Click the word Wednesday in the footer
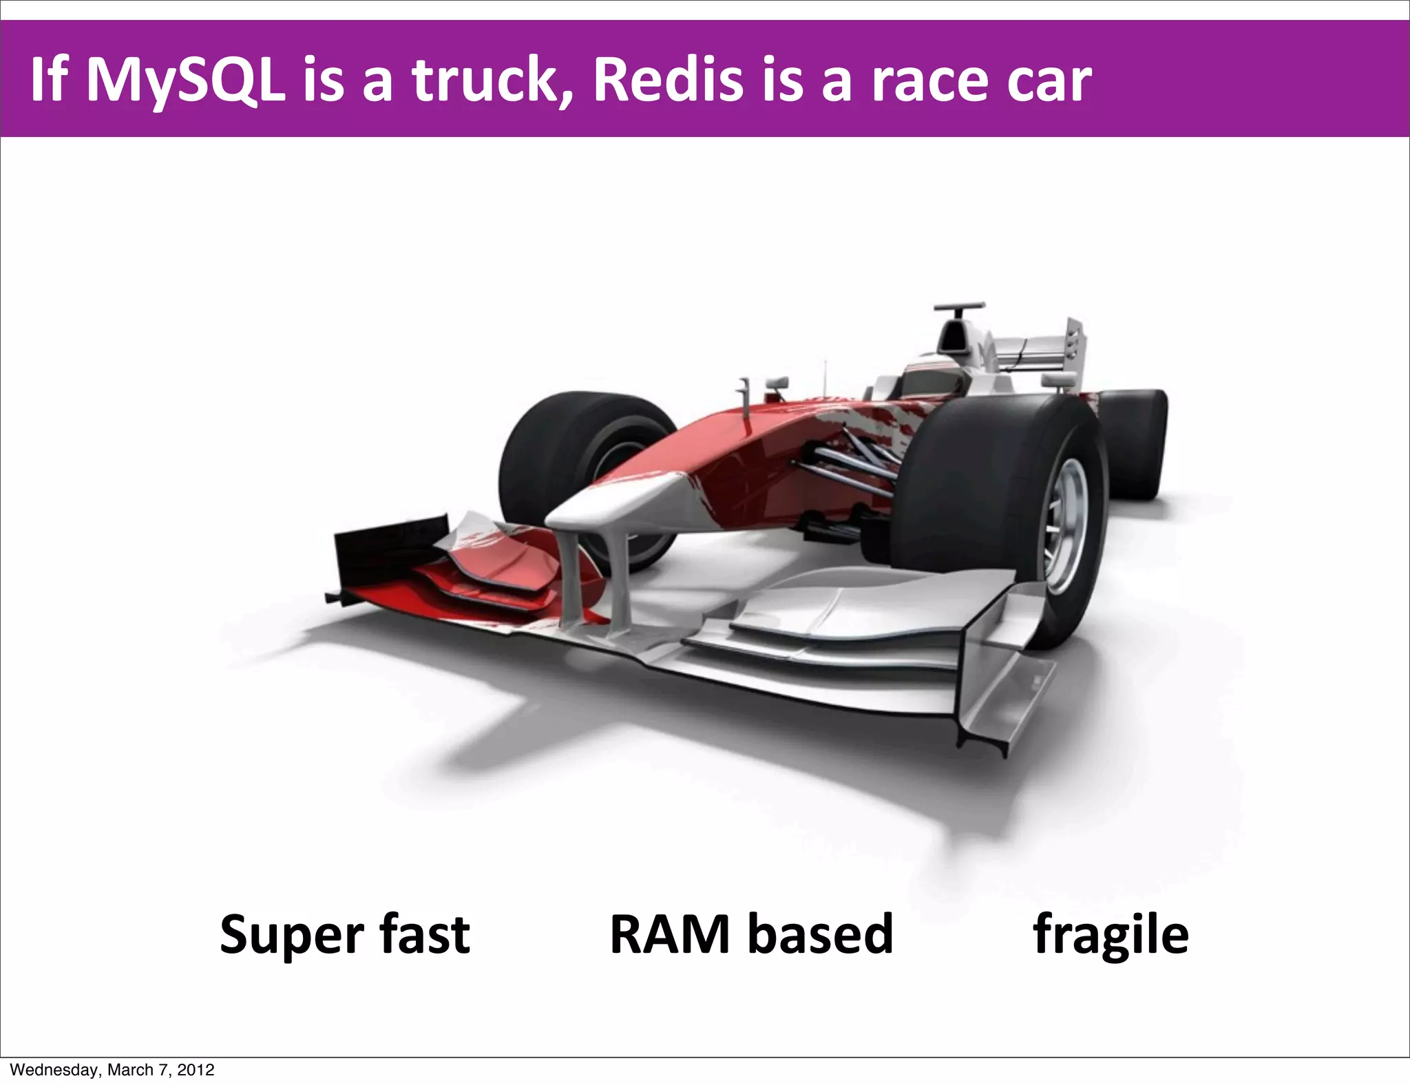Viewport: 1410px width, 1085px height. coord(54,1070)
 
